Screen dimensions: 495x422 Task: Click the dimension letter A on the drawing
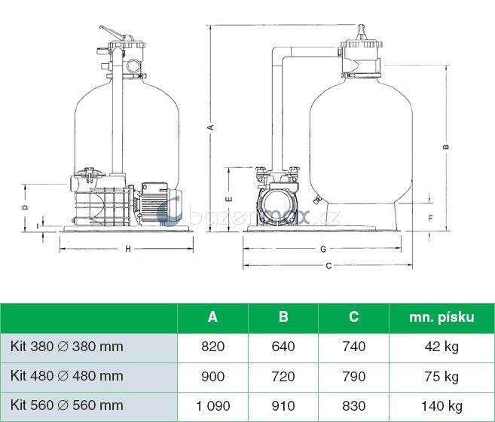click(x=211, y=127)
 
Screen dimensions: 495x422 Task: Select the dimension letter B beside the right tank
click(x=446, y=146)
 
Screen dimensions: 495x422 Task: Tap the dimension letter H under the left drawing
click(x=128, y=249)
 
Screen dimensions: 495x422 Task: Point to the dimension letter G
click(x=323, y=249)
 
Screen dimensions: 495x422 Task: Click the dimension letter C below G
click(x=328, y=266)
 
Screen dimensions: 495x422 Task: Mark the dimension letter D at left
click(x=26, y=207)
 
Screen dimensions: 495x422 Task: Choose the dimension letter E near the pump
click(x=230, y=199)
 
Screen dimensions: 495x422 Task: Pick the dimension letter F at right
click(x=431, y=219)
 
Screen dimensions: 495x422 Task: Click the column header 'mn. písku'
click(x=442, y=317)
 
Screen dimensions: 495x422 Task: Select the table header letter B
click(x=283, y=316)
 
